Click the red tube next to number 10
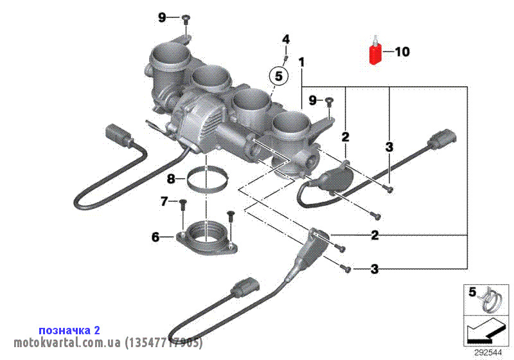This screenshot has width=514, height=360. pos(375,53)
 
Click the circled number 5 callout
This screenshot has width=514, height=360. pos(278,76)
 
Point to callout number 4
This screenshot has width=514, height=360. pos(286,40)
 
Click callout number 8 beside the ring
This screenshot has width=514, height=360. pos(171,178)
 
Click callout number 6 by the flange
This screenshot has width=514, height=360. pos(155,237)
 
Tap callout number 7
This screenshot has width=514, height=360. pos(164,202)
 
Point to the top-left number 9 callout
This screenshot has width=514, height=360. pos(163,17)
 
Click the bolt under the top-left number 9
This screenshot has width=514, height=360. pos(184,20)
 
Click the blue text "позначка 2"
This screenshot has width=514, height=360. pos(69,330)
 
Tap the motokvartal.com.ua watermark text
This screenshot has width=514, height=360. pos(108,342)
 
